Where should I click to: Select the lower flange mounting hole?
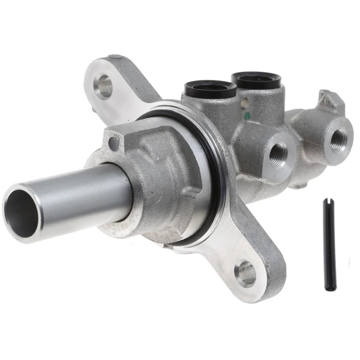[x=246, y=273]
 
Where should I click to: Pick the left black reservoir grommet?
[x=211, y=89]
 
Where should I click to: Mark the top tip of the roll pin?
[x=326, y=200]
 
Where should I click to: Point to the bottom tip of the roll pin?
[x=332, y=289]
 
